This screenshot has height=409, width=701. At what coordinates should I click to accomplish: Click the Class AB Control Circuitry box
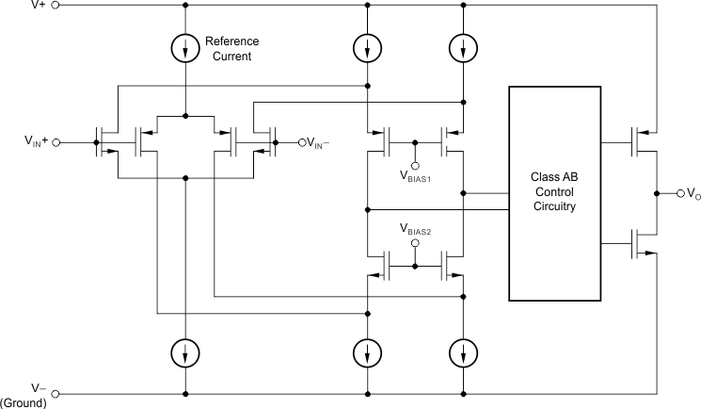(553, 193)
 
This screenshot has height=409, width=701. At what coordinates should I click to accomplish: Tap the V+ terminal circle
(55, 5)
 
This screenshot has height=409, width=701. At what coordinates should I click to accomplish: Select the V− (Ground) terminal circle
(55, 393)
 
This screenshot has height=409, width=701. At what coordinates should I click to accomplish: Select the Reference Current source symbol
(186, 47)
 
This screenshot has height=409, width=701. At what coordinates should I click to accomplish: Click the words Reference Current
(231, 48)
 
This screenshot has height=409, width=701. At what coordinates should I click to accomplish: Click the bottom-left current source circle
(186, 353)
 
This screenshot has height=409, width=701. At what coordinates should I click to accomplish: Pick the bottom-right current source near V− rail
(463, 353)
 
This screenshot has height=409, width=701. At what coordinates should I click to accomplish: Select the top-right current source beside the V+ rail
(463, 47)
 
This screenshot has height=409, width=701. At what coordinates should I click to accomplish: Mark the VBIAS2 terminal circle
(415, 242)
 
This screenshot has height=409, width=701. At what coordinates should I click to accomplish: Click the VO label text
(693, 194)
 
